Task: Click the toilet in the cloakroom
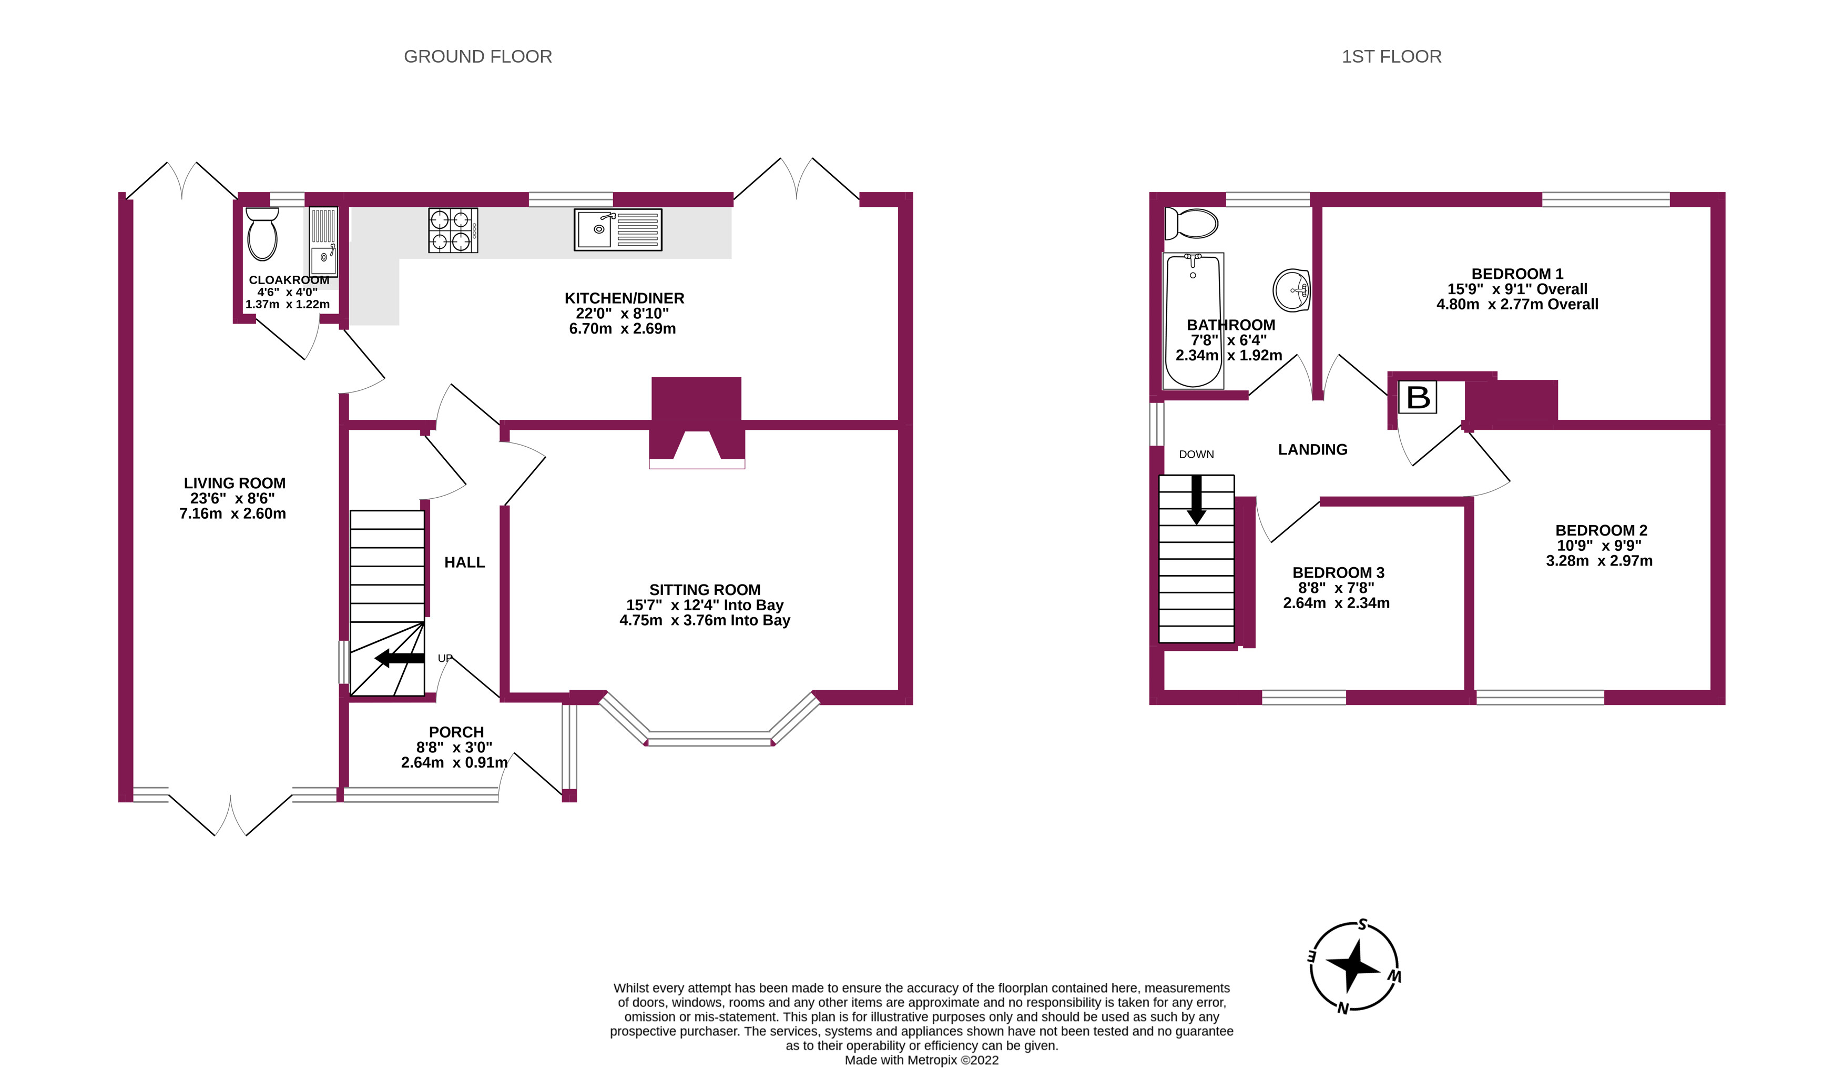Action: click(x=262, y=234)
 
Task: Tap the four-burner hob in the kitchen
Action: click(x=453, y=230)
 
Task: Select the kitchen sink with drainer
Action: click(x=618, y=229)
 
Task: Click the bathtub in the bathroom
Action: click(x=1193, y=320)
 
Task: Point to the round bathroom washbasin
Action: click(x=1291, y=290)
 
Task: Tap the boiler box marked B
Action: click(x=1418, y=398)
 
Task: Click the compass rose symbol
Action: click(x=1354, y=966)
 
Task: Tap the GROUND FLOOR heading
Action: click(x=478, y=56)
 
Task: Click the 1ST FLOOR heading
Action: click(x=1391, y=56)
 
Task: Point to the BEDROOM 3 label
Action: click(x=1338, y=572)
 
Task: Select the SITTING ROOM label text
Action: click(x=705, y=589)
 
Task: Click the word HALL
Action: click(x=465, y=562)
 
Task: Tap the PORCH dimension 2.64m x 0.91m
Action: click(x=454, y=762)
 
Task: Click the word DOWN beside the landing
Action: click(x=1196, y=455)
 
